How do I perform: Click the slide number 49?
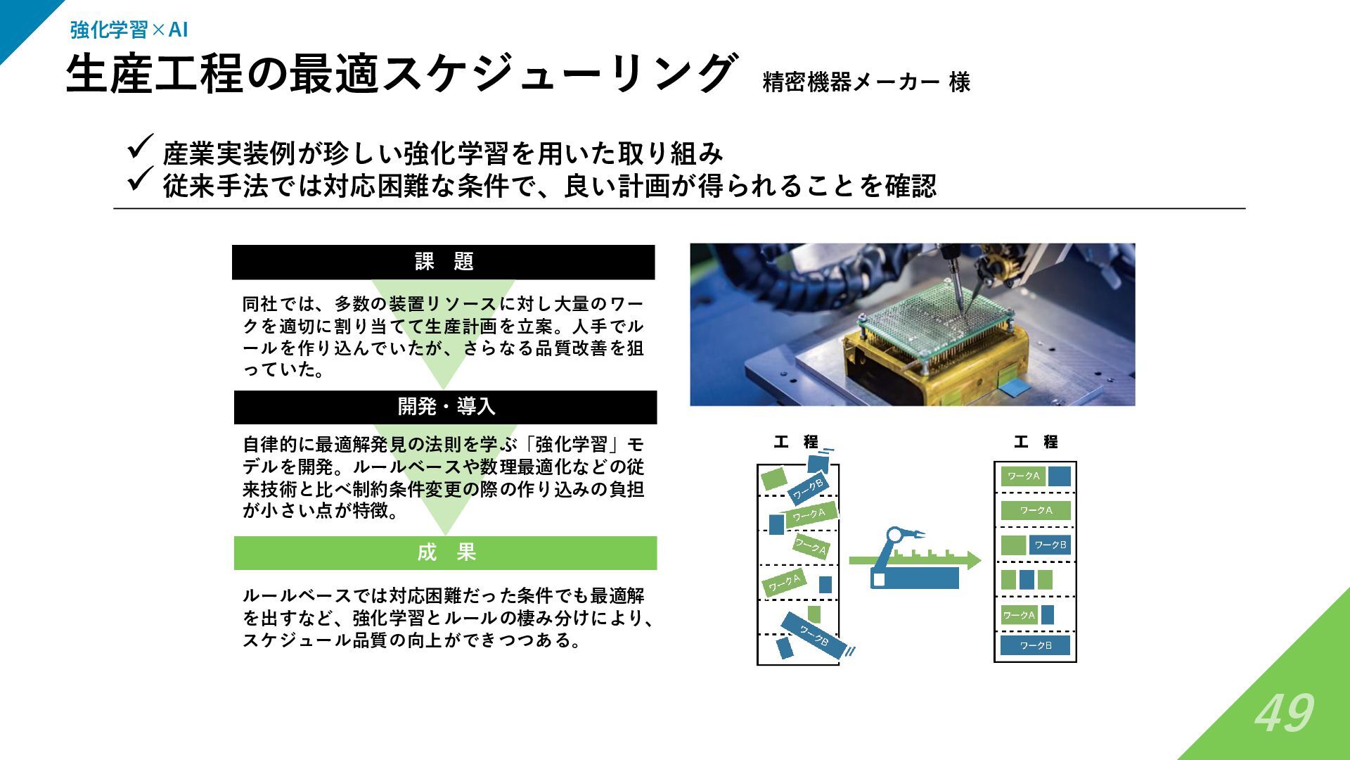click(x=1284, y=713)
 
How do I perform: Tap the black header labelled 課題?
click(x=444, y=262)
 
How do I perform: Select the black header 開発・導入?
click(x=446, y=407)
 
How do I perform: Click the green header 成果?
click(x=446, y=552)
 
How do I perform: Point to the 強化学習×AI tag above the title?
click(x=129, y=30)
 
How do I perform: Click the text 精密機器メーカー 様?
click(x=866, y=82)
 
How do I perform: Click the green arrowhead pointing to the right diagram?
click(x=973, y=560)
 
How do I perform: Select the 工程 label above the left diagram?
click(x=796, y=442)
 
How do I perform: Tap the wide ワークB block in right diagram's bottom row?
click(x=1035, y=645)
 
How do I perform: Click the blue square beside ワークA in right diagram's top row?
click(x=1059, y=476)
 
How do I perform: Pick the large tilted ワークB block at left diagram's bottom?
click(x=811, y=635)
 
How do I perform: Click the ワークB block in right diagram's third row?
click(x=1050, y=545)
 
